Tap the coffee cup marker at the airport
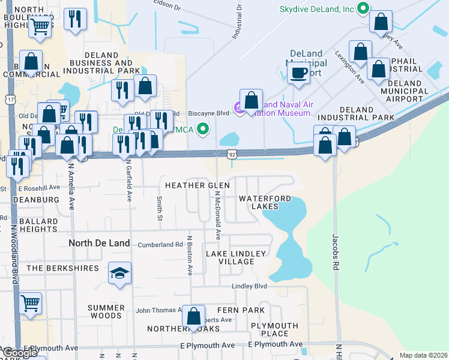(x=298, y=72)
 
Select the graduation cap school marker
(x=119, y=274)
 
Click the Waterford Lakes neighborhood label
(x=265, y=202)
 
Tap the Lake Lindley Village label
(x=235, y=257)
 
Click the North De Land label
(x=99, y=243)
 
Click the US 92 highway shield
(x=232, y=154)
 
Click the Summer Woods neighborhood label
(x=106, y=311)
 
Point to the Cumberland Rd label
(x=160, y=245)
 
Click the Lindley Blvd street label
(x=249, y=286)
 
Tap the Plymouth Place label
(x=274, y=329)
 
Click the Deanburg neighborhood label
(x=30, y=199)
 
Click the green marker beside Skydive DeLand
(x=362, y=8)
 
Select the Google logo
(x=20, y=352)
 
